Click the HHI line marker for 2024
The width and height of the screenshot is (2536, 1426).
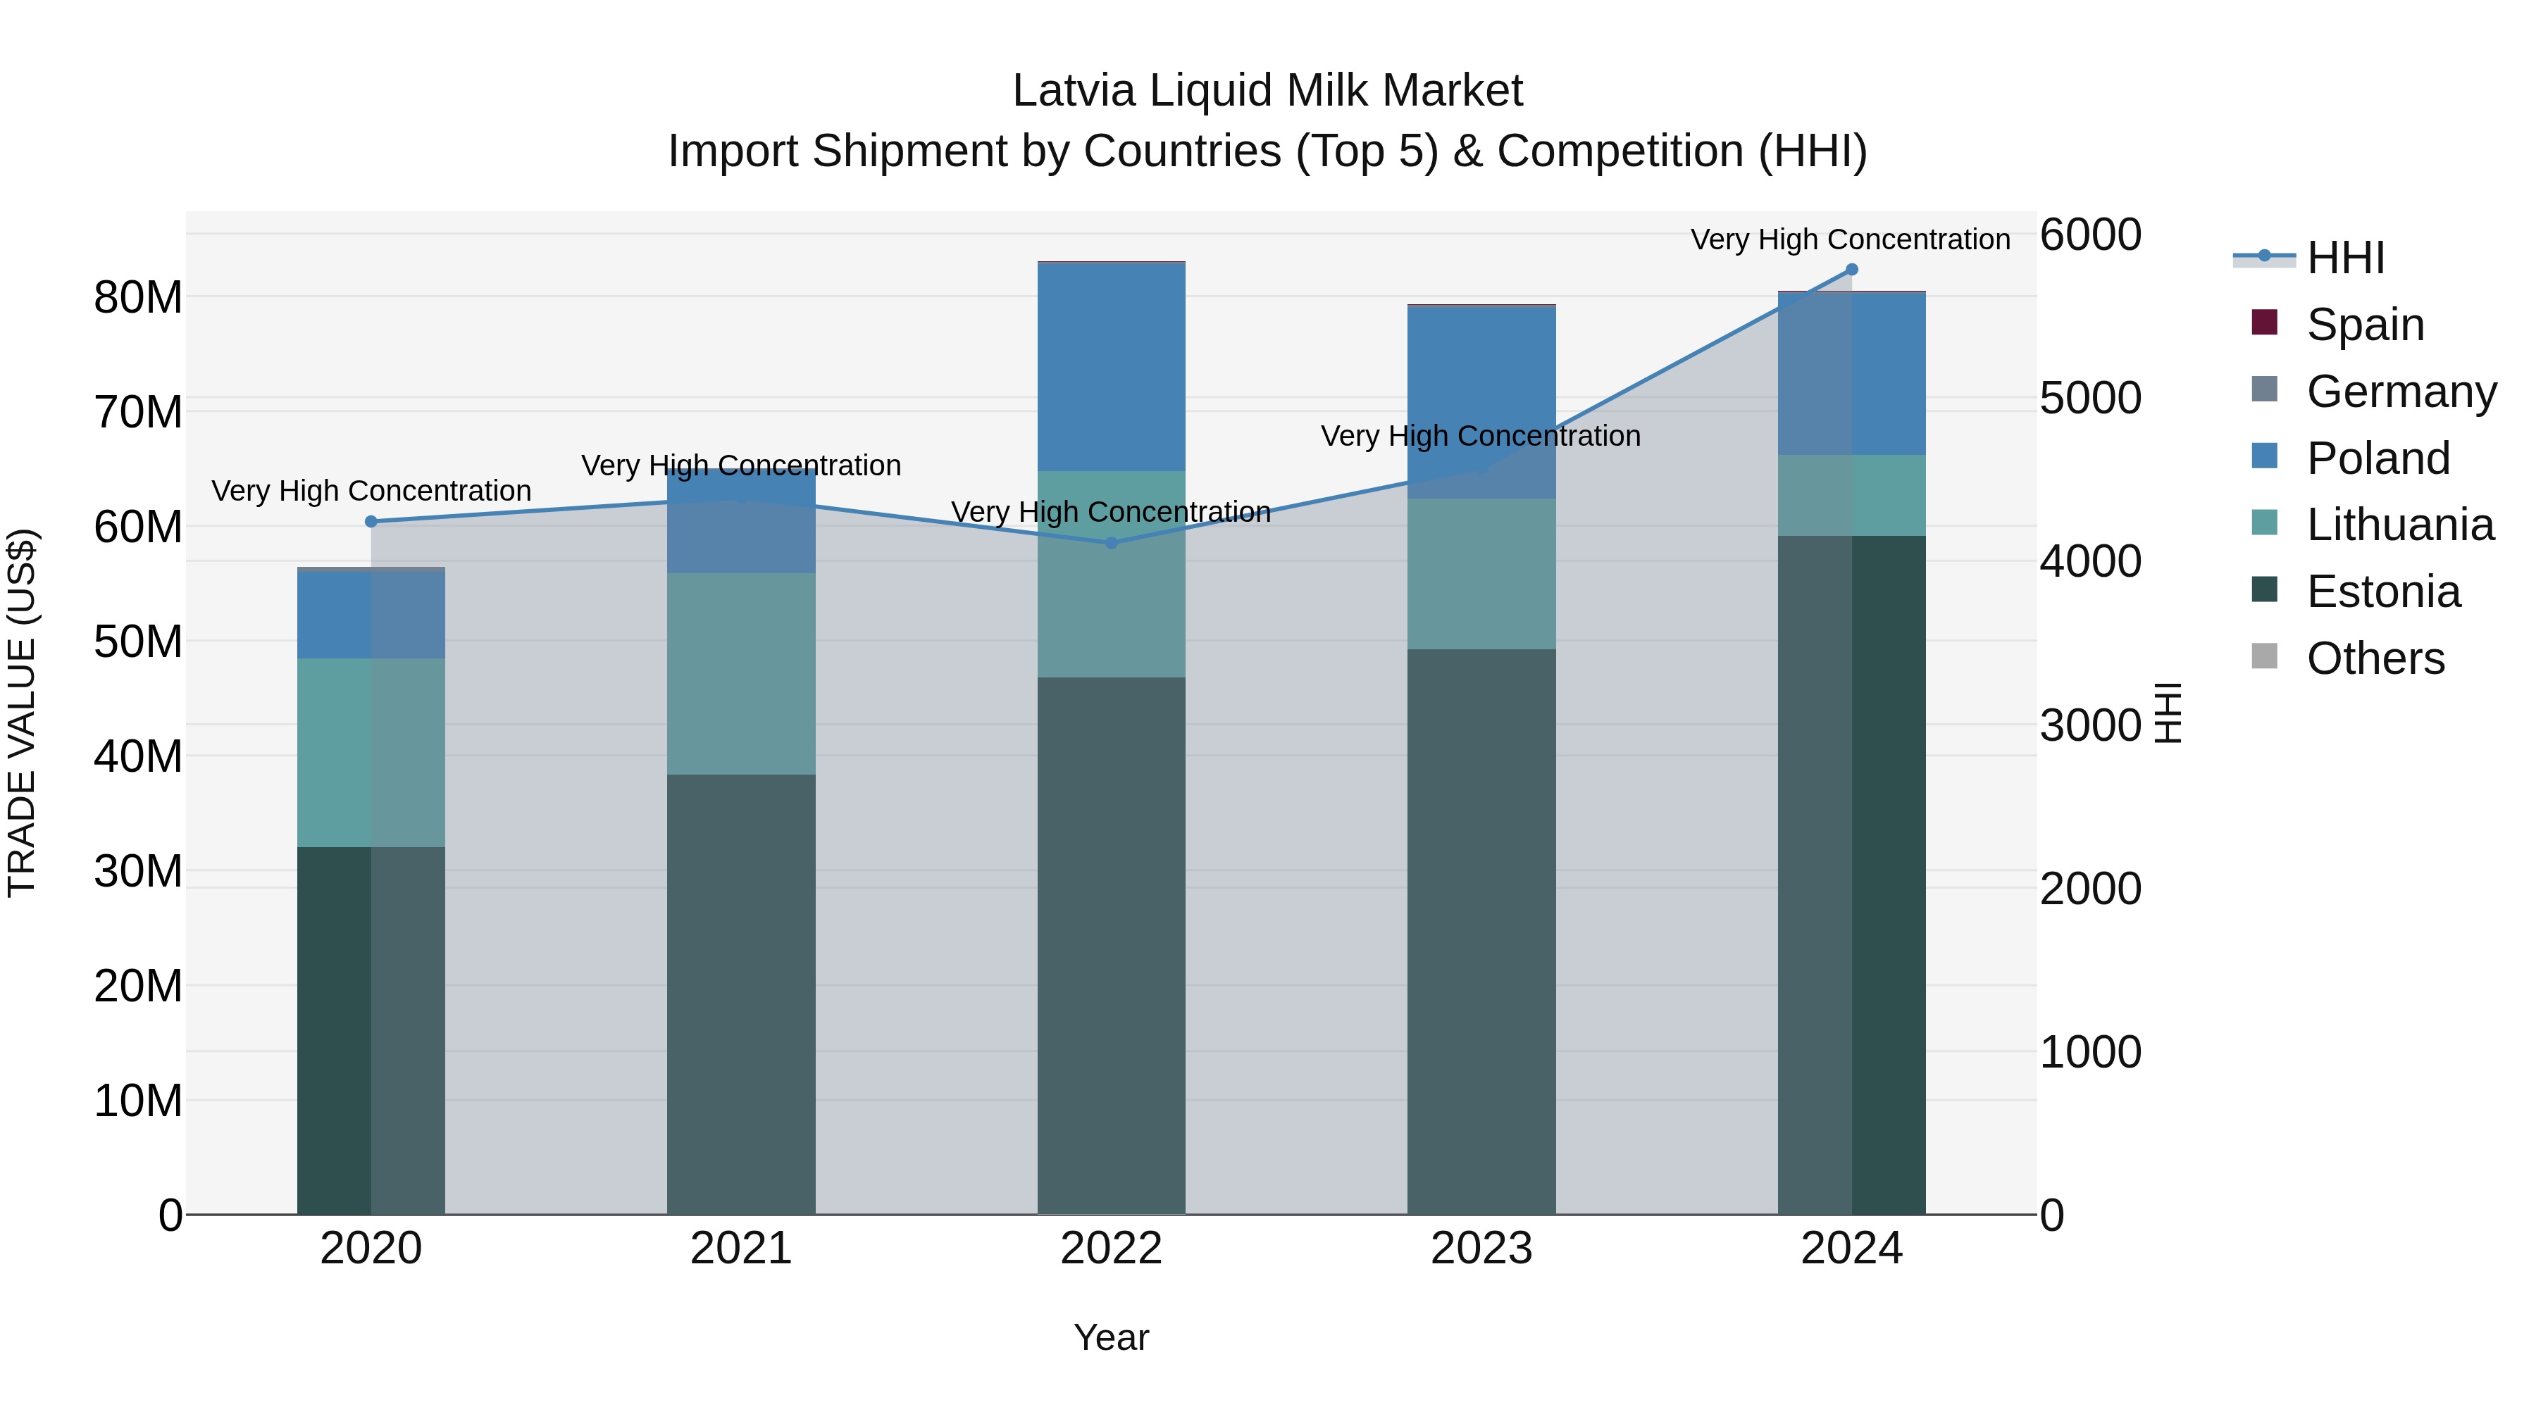coord(1851,270)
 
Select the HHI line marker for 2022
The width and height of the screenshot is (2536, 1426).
coord(1112,542)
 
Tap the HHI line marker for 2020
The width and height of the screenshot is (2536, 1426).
coord(371,522)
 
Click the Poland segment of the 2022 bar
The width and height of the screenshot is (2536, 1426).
coord(1112,367)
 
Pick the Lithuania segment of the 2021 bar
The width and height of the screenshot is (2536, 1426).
coord(741,673)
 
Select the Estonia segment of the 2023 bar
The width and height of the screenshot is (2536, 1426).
coord(1481,930)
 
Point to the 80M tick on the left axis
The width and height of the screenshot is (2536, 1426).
coord(138,297)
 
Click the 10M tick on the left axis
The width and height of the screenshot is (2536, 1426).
coord(138,1100)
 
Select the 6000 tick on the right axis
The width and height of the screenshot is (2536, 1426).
coord(2090,235)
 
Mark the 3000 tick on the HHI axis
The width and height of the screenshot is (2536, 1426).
coord(2090,725)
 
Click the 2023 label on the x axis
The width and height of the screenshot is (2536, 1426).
coord(1481,1249)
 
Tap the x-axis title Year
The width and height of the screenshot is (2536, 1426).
coord(1112,1337)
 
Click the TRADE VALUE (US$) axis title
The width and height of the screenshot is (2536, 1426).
coord(22,713)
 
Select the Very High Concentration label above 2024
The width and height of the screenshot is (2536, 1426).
coord(1850,239)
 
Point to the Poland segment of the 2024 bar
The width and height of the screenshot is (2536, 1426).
coord(1851,374)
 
